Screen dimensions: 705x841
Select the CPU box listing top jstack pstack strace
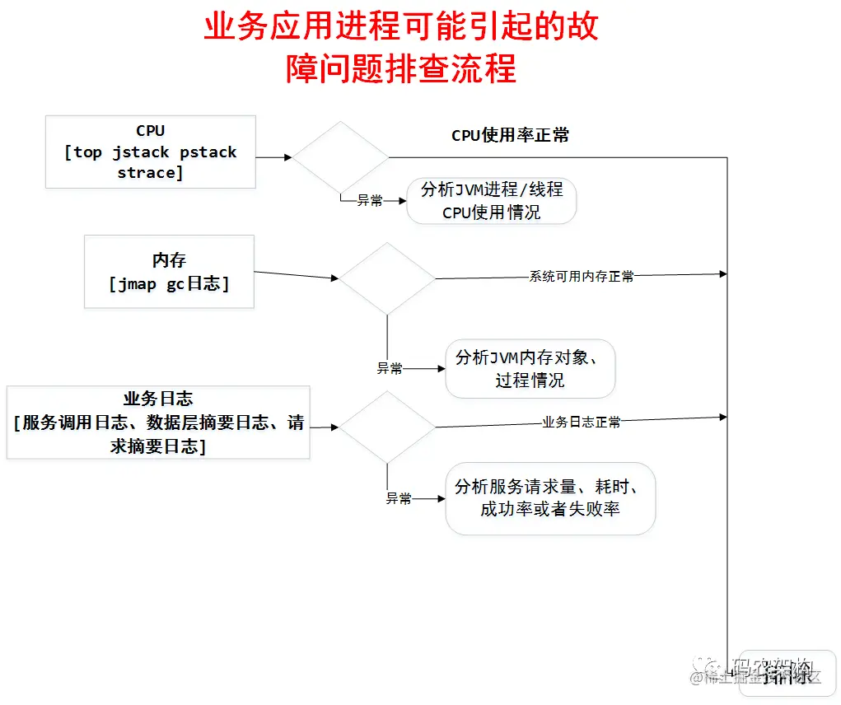(x=151, y=152)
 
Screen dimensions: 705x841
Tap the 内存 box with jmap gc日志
(x=169, y=272)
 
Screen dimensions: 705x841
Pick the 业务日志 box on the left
(x=158, y=423)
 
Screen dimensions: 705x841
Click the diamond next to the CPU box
(x=341, y=156)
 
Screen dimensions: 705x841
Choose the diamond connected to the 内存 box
(x=387, y=278)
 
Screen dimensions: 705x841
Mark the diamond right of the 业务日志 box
(x=387, y=427)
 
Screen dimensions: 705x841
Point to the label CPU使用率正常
(x=510, y=136)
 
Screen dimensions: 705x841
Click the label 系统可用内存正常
(x=582, y=277)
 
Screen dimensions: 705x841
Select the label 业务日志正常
(x=582, y=422)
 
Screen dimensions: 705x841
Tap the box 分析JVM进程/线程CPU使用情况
(x=492, y=200)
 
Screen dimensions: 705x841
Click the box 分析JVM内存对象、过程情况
(x=530, y=368)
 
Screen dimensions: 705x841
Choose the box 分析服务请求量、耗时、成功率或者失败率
(x=550, y=497)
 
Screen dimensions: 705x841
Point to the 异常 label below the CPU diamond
(x=369, y=200)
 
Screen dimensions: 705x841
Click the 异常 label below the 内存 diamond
(x=390, y=368)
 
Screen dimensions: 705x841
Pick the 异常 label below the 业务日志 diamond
(x=399, y=498)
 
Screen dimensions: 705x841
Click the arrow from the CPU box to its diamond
(x=274, y=156)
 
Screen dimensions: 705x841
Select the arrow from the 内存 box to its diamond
(x=297, y=275)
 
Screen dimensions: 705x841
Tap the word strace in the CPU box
(x=150, y=172)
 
